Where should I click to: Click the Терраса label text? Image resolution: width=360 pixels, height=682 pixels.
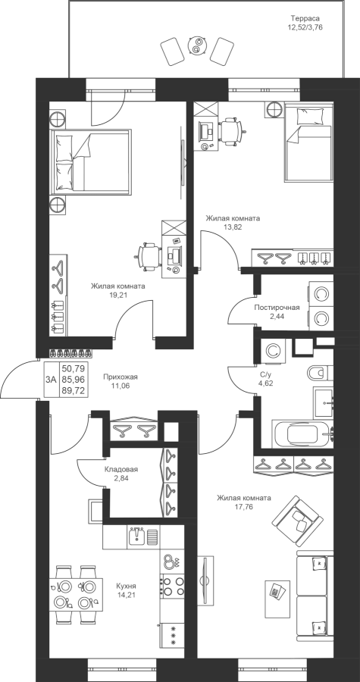point(305,18)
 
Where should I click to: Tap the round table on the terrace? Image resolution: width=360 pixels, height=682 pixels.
point(197,45)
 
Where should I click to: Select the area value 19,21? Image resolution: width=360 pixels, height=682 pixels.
point(117,295)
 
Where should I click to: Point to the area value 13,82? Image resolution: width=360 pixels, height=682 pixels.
point(233,227)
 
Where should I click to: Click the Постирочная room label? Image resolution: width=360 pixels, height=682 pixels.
point(277,308)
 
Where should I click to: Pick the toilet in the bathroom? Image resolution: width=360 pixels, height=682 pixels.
point(320,372)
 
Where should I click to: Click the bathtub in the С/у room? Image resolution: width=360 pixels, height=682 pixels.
point(302,433)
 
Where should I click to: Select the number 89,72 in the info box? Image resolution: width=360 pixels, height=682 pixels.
point(74,391)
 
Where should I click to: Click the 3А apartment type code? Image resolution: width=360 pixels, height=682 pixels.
point(51,380)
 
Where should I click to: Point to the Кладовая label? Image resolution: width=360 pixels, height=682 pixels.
point(121,469)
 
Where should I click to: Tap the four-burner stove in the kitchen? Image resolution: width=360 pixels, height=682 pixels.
point(173,586)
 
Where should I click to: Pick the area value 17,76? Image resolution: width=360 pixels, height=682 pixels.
point(245,506)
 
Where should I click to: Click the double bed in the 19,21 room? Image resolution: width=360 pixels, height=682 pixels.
point(91,161)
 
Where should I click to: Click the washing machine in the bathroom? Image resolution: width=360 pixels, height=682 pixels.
point(273,351)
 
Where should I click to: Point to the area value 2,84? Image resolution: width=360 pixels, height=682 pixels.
point(121,477)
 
